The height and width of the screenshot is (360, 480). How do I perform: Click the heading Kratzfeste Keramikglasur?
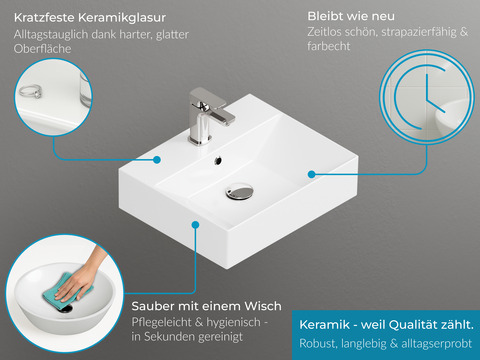pyautogui.click(x=91, y=18)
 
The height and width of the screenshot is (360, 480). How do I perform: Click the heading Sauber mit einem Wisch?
pyautogui.click(x=206, y=305)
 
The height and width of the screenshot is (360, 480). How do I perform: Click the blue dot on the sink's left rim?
pyautogui.click(x=157, y=159)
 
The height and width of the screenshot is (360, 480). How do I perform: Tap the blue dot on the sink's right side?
pyautogui.click(x=311, y=173)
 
